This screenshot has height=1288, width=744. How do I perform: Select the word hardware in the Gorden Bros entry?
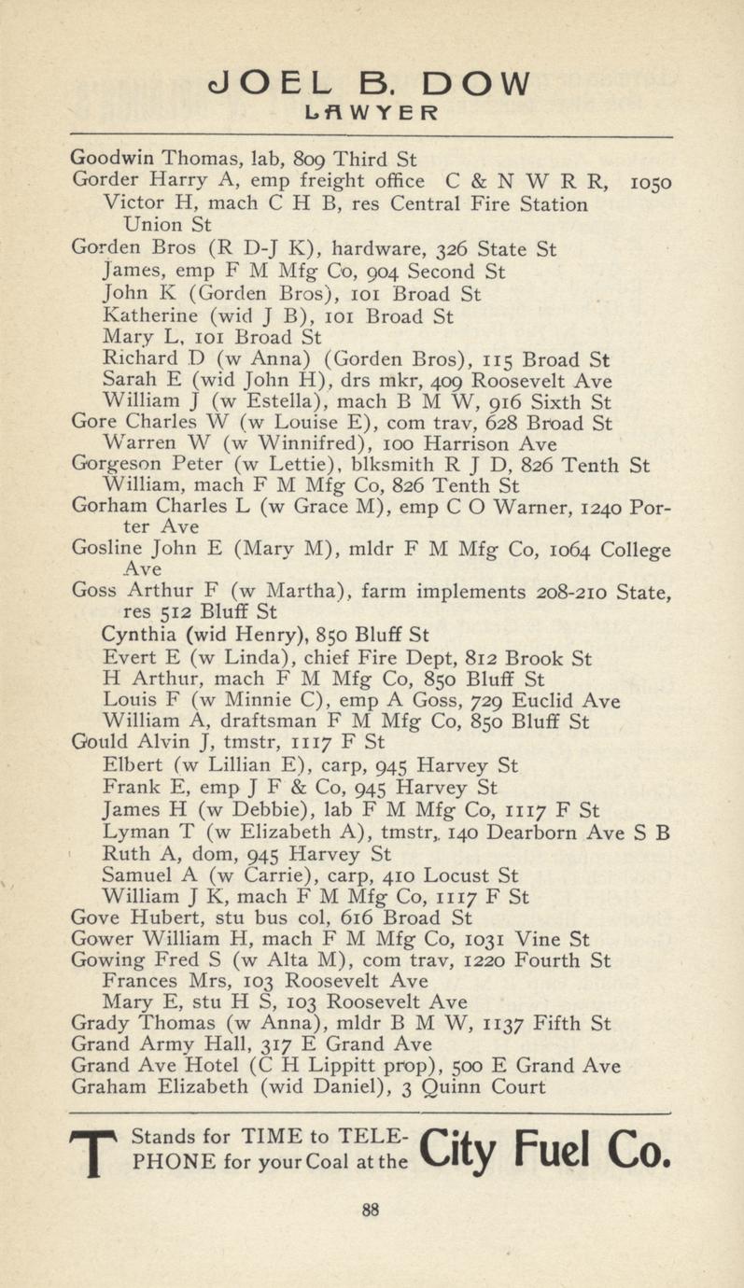(x=371, y=249)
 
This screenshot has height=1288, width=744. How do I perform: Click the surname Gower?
(x=98, y=938)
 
